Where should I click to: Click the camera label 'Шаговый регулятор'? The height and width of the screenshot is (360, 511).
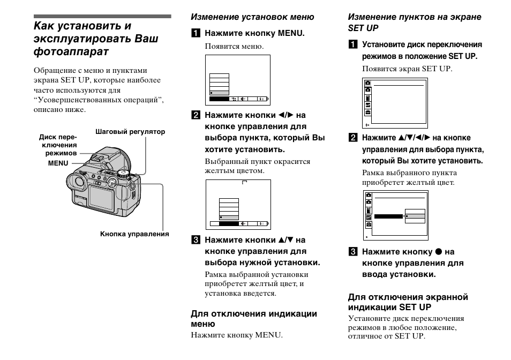click(130, 132)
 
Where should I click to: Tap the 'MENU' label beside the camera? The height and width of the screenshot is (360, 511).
click(58, 163)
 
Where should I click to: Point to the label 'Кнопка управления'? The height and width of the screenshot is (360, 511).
click(134, 234)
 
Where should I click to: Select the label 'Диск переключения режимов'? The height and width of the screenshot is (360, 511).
click(58, 145)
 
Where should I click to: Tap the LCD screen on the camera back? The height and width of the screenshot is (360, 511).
click(102, 196)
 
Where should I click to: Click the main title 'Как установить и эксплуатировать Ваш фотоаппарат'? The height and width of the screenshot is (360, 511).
click(96, 39)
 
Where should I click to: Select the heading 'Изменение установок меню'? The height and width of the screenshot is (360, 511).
click(253, 17)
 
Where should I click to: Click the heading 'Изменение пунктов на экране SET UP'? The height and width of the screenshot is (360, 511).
click(415, 22)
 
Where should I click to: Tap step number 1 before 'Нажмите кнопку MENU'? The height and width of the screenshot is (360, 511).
click(197, 33)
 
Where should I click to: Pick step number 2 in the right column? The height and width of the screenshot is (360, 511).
click(354, 138)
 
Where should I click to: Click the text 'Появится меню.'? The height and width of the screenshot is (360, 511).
click(234, 47)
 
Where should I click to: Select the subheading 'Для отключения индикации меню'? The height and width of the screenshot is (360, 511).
click(254, 318)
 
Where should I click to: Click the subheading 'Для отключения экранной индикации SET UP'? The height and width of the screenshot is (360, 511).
click(408, 302)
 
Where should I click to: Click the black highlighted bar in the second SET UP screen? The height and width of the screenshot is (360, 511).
click(388, 216)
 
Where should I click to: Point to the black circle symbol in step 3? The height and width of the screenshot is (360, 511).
click(438, 252)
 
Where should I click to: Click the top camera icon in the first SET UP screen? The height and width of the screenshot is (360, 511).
click(368, 84)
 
